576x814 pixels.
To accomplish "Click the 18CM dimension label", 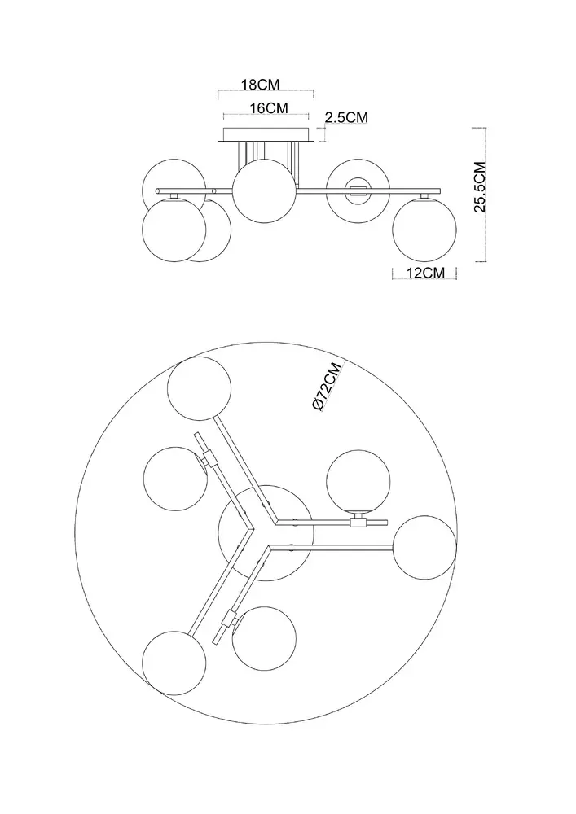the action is coord(262,84).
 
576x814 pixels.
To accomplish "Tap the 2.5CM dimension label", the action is coord(346,117).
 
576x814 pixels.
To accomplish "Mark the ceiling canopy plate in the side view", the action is coord(266,136).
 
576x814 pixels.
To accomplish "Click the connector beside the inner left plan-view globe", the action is coord(210,457).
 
